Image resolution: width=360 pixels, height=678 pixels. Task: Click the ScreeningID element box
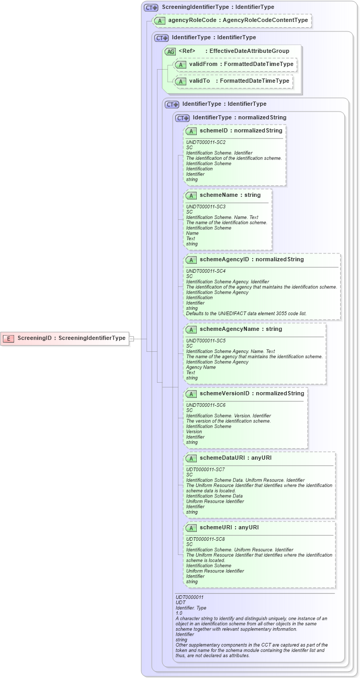pyautogui.click(x=65, y=338)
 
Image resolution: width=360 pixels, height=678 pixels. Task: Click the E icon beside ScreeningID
pyautogui.click(x=8, y=338)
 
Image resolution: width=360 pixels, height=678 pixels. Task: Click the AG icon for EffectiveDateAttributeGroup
pyautogui.click(x=170, y=51)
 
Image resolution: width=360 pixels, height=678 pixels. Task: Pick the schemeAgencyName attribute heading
pyautogui.click(x=241, y=329)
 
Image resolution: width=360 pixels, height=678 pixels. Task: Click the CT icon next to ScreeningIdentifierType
pyautogui.click(x=151, y=7)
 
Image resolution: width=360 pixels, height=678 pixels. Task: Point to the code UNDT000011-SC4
pyautogui.click(x=206, y=271)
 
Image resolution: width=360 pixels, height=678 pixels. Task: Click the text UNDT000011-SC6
pyautogui.click(x=206, y=405)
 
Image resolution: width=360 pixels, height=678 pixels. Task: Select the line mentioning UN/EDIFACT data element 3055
pyautogui.click(x=246, y=314)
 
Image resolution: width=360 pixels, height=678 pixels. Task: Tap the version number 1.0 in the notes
pyautogui.click(x=179, y=613)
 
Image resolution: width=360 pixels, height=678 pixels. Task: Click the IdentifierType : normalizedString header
pyautogui.click(x=239, y=118)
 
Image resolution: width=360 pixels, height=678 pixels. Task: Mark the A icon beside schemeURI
pyautogui.click(x=191, y=528)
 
